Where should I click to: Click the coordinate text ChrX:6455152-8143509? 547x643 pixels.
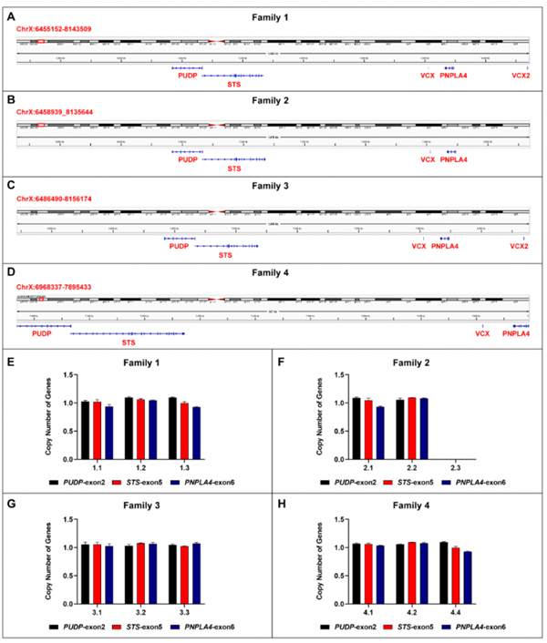[55, 30]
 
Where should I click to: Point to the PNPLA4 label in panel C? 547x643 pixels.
[445, 246]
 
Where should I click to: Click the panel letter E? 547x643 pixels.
[10, 362]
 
